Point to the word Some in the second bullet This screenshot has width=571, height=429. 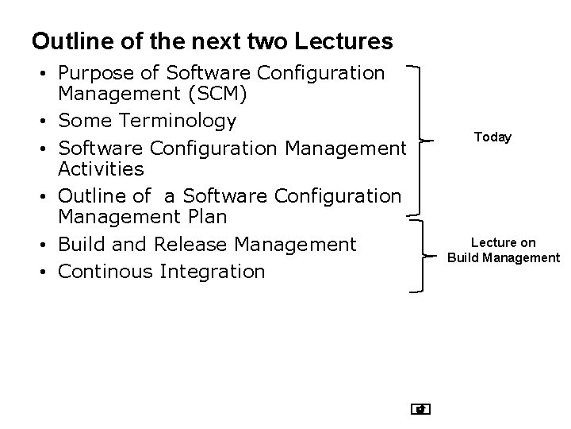(84, 121)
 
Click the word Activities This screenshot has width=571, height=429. (101, 168)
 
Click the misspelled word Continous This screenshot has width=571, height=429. (105, 272)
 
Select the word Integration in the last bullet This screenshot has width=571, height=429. (212, 272)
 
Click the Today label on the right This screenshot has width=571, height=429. (492, 137)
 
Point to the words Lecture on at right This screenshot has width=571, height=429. (503, 242)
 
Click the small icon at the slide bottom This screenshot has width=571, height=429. (421, 409)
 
